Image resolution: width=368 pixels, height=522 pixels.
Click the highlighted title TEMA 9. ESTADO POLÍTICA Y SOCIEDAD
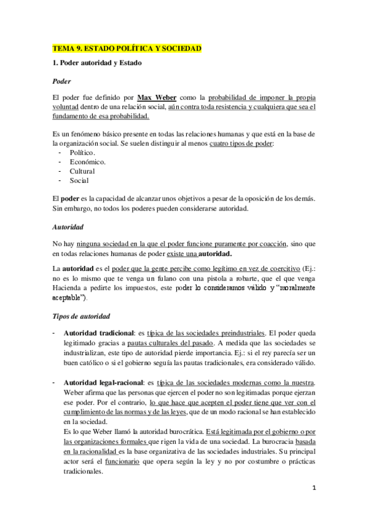[127, 48]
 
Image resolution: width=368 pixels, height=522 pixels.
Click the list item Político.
[82, 152]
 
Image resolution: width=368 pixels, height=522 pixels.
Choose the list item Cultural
[82, 171]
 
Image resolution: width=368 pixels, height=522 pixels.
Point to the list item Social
[79, 180]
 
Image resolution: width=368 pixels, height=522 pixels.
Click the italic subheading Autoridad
[69, 227]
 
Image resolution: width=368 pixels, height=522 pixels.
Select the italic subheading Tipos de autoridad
[81, 316]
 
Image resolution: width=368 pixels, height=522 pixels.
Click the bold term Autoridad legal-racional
[106, 382]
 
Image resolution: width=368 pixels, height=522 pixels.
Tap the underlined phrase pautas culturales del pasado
[141, 342]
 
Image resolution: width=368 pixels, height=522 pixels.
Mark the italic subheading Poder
[61, 81]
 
